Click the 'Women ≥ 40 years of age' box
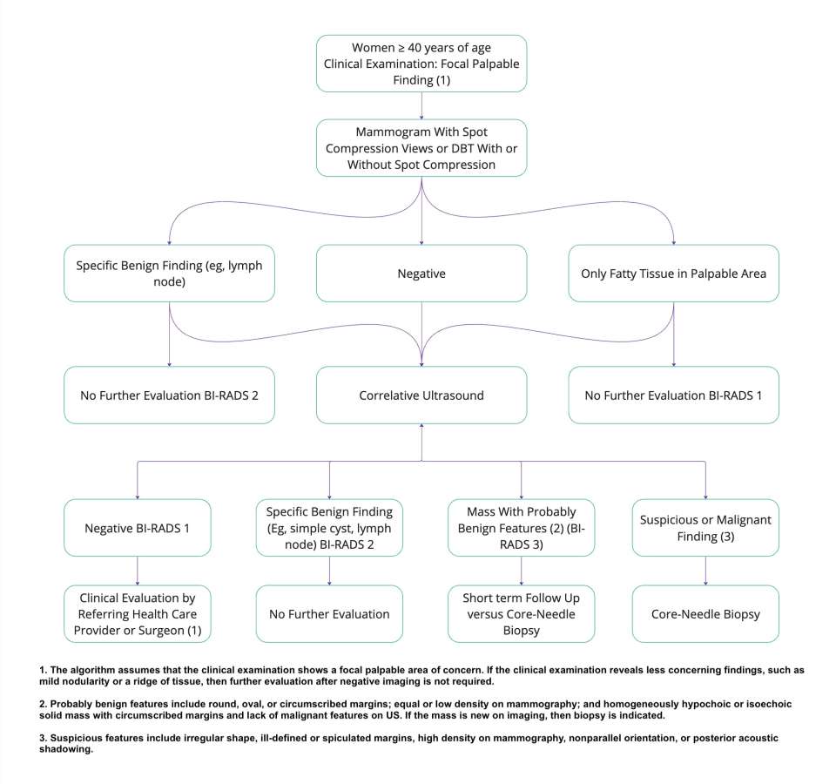coord(421,63)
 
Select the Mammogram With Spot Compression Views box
coord(421,147)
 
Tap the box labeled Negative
coord(421,274)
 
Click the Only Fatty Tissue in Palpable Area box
coord(674,274)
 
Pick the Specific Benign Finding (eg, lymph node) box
coord(169,274)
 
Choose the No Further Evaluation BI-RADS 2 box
coord(169,395)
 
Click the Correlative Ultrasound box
coord(421,395)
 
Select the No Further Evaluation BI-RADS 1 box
coord(674,395)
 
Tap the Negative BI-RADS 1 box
coord(138,527)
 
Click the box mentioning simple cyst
coord(329,527)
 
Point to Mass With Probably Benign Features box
coord(521,527)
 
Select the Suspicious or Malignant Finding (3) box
coord(705,527)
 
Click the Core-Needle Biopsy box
coord(705,614)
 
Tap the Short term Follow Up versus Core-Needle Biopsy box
coord(521,614)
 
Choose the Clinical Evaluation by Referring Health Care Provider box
coord(138,614)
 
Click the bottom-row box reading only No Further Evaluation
coord(329,614)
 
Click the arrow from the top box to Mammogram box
coord(421,105)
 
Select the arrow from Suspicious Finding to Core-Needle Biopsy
coord(705,571)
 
